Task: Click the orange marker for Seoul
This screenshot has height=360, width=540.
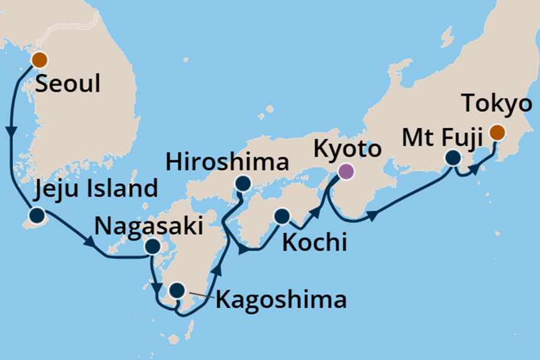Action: point(39,60)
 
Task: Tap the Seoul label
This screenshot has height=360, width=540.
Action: point(68,84)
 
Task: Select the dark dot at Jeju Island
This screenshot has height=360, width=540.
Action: point(37,215)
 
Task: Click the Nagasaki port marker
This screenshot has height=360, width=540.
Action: point(152,247)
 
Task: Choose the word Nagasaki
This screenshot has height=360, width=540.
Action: point(148,226)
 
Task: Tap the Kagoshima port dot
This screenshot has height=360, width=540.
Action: point(177,290)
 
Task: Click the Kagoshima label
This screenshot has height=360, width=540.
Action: point(280,300)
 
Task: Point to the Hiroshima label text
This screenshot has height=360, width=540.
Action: point(228,163)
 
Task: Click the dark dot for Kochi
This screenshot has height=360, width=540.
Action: point(281,217)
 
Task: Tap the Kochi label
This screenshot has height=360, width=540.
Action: point(314,243)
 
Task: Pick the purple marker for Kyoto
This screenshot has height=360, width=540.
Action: point(345,171)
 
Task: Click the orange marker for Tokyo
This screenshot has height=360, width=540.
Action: point(497,132)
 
